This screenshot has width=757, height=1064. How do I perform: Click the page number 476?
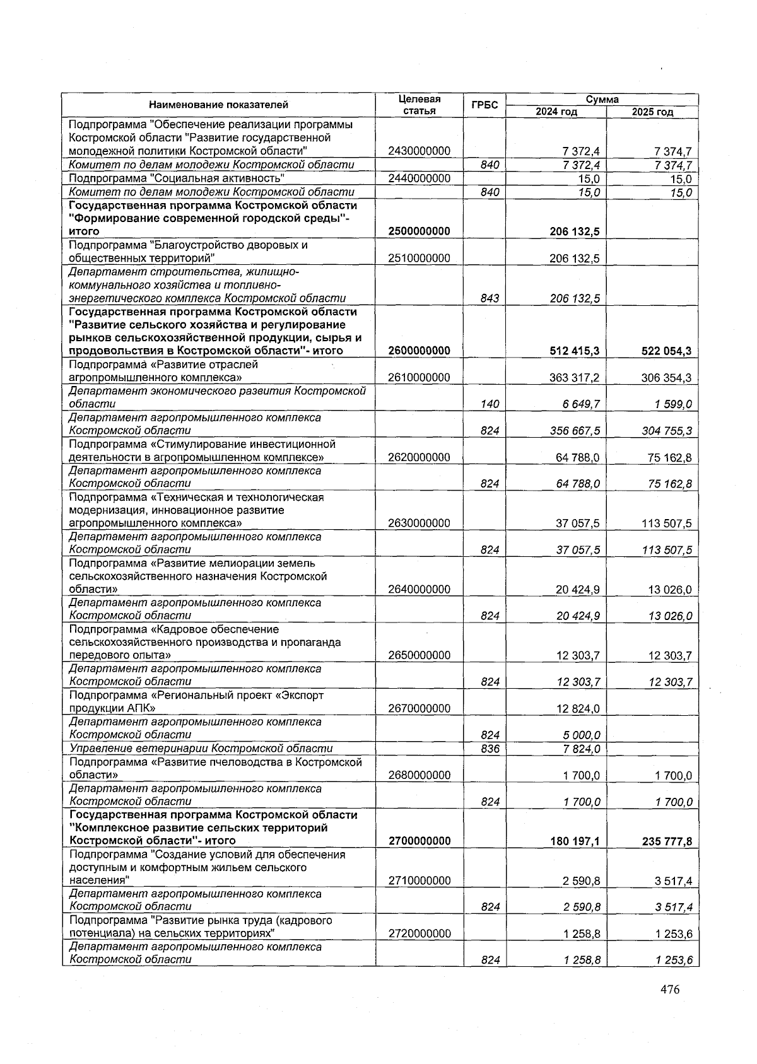click(x=670, y=990)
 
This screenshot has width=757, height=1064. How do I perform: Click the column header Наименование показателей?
click(x=219, y=105)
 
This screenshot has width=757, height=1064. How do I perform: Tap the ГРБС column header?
click(x=484, y=105)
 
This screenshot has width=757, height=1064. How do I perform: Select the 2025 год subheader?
click(x=652, y=112)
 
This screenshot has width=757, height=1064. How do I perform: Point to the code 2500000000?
click(x=420, y=231)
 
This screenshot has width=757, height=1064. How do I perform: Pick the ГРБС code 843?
click(x=490, y=298)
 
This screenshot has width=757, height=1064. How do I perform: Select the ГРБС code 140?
click(x=490, y=404)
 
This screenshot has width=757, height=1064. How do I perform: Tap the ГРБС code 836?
click(x=490, y=749)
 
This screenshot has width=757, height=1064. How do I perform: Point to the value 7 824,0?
click(x=581, y=749)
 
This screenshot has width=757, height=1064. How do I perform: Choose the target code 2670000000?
click(x=420, y=708)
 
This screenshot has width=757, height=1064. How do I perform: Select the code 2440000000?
click(x=420, y=178)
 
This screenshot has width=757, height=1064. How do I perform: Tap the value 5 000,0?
click(x=581, y=735)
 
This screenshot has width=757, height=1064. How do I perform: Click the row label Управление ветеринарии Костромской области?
click(x=201, y=749)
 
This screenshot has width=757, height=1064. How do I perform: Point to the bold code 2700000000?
click(x=420, y=841)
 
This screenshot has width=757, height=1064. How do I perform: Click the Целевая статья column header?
click(x=420, y=105)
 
